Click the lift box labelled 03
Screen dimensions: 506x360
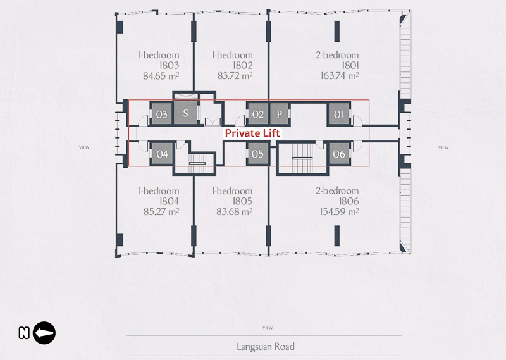162,114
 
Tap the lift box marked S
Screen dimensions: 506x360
185,113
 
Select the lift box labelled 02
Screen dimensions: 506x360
257,114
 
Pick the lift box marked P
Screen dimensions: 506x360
279,114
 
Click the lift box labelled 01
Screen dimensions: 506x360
338,114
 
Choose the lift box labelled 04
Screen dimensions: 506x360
162,154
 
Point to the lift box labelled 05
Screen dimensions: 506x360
257,154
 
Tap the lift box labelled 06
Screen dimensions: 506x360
339,154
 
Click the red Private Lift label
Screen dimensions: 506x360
252,133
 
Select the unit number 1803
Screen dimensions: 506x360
169,65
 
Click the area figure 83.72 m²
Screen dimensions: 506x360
235,76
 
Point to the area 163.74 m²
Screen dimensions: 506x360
340,76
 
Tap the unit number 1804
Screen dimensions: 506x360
169,201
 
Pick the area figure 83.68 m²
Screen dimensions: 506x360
234,212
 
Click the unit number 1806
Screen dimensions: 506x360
349,201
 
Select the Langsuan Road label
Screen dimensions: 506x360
266,347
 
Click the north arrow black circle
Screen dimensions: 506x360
44,333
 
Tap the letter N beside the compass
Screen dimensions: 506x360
24,333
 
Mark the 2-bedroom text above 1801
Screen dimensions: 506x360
337,55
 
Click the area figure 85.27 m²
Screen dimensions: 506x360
161,212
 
